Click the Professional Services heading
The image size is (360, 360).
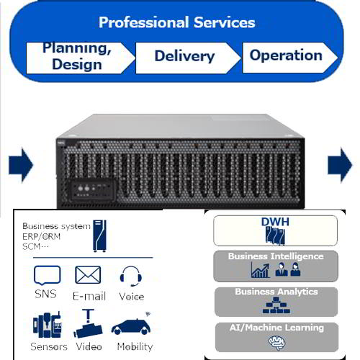point(176,22)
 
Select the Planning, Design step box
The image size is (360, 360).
point(76,56)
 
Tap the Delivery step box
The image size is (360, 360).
point(184,56)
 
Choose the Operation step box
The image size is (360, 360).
point(286,55)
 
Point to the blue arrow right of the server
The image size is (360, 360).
point(339,166)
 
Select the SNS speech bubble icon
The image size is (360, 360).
point(47,276)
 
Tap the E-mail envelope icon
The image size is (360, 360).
point(88,275)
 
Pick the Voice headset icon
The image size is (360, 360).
point(130,276)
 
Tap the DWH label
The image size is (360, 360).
point(275,222)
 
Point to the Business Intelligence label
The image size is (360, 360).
point(276,256)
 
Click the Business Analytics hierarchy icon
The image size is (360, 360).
point(276,306)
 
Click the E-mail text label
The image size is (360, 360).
point(89,296)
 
